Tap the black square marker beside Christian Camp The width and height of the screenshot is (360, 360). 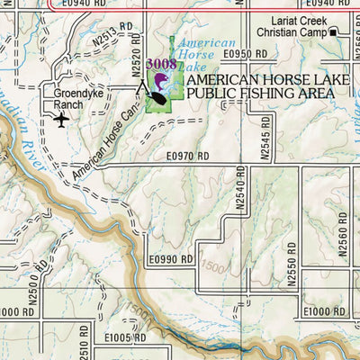tap(333, 33)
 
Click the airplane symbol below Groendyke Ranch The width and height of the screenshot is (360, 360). tap(62, 119)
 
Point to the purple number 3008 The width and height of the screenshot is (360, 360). tap(161, 64)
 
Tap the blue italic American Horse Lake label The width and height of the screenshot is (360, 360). tap(205, 55)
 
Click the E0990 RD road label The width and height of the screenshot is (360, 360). tap(172, 259)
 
